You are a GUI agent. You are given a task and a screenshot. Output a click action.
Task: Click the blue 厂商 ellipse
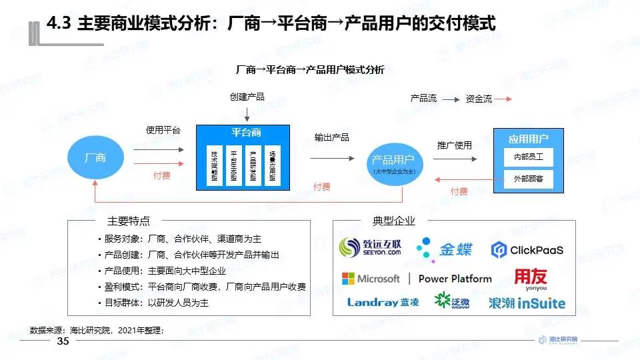pyautogui.click(x=95, y=158)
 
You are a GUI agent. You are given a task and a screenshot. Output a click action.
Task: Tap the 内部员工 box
pyautogui.click(x=528, y=157)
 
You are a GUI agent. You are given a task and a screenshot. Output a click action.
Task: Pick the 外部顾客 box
pyautogui.click(x=528, y=179)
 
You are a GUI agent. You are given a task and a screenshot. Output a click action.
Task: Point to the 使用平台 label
pyautogui.click(x=163, y=130)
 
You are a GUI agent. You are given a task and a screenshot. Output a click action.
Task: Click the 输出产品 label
pyautogui.click(x=332, y=137)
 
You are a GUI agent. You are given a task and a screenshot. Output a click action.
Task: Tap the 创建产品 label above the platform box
pyautogui.click(x=247, y=97)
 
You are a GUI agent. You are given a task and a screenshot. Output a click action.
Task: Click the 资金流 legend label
pyautogui.click(x=479, y=99)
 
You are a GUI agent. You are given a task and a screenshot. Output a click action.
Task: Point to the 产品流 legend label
pyautogui.click(x=423, y=99)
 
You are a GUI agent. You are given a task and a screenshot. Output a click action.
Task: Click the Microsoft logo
pyautogui.click(x=371, y=278)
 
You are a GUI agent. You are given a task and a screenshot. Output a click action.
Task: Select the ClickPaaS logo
pyautogui.click(x=527, y=250)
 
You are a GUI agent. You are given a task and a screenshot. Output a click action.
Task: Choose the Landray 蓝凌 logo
pyautogui.click(x=383, y=302)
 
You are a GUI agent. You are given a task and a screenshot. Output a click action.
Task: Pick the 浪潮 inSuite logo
pyautogui.click(x=527, y=303)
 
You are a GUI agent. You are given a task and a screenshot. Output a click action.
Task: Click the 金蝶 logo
pyautogui.click(x=445, y=249)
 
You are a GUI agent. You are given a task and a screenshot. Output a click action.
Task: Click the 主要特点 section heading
pyautogui.click(x=128, y=221)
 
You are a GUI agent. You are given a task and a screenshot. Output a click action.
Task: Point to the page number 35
pyautogui.click(x=63, y=341)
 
